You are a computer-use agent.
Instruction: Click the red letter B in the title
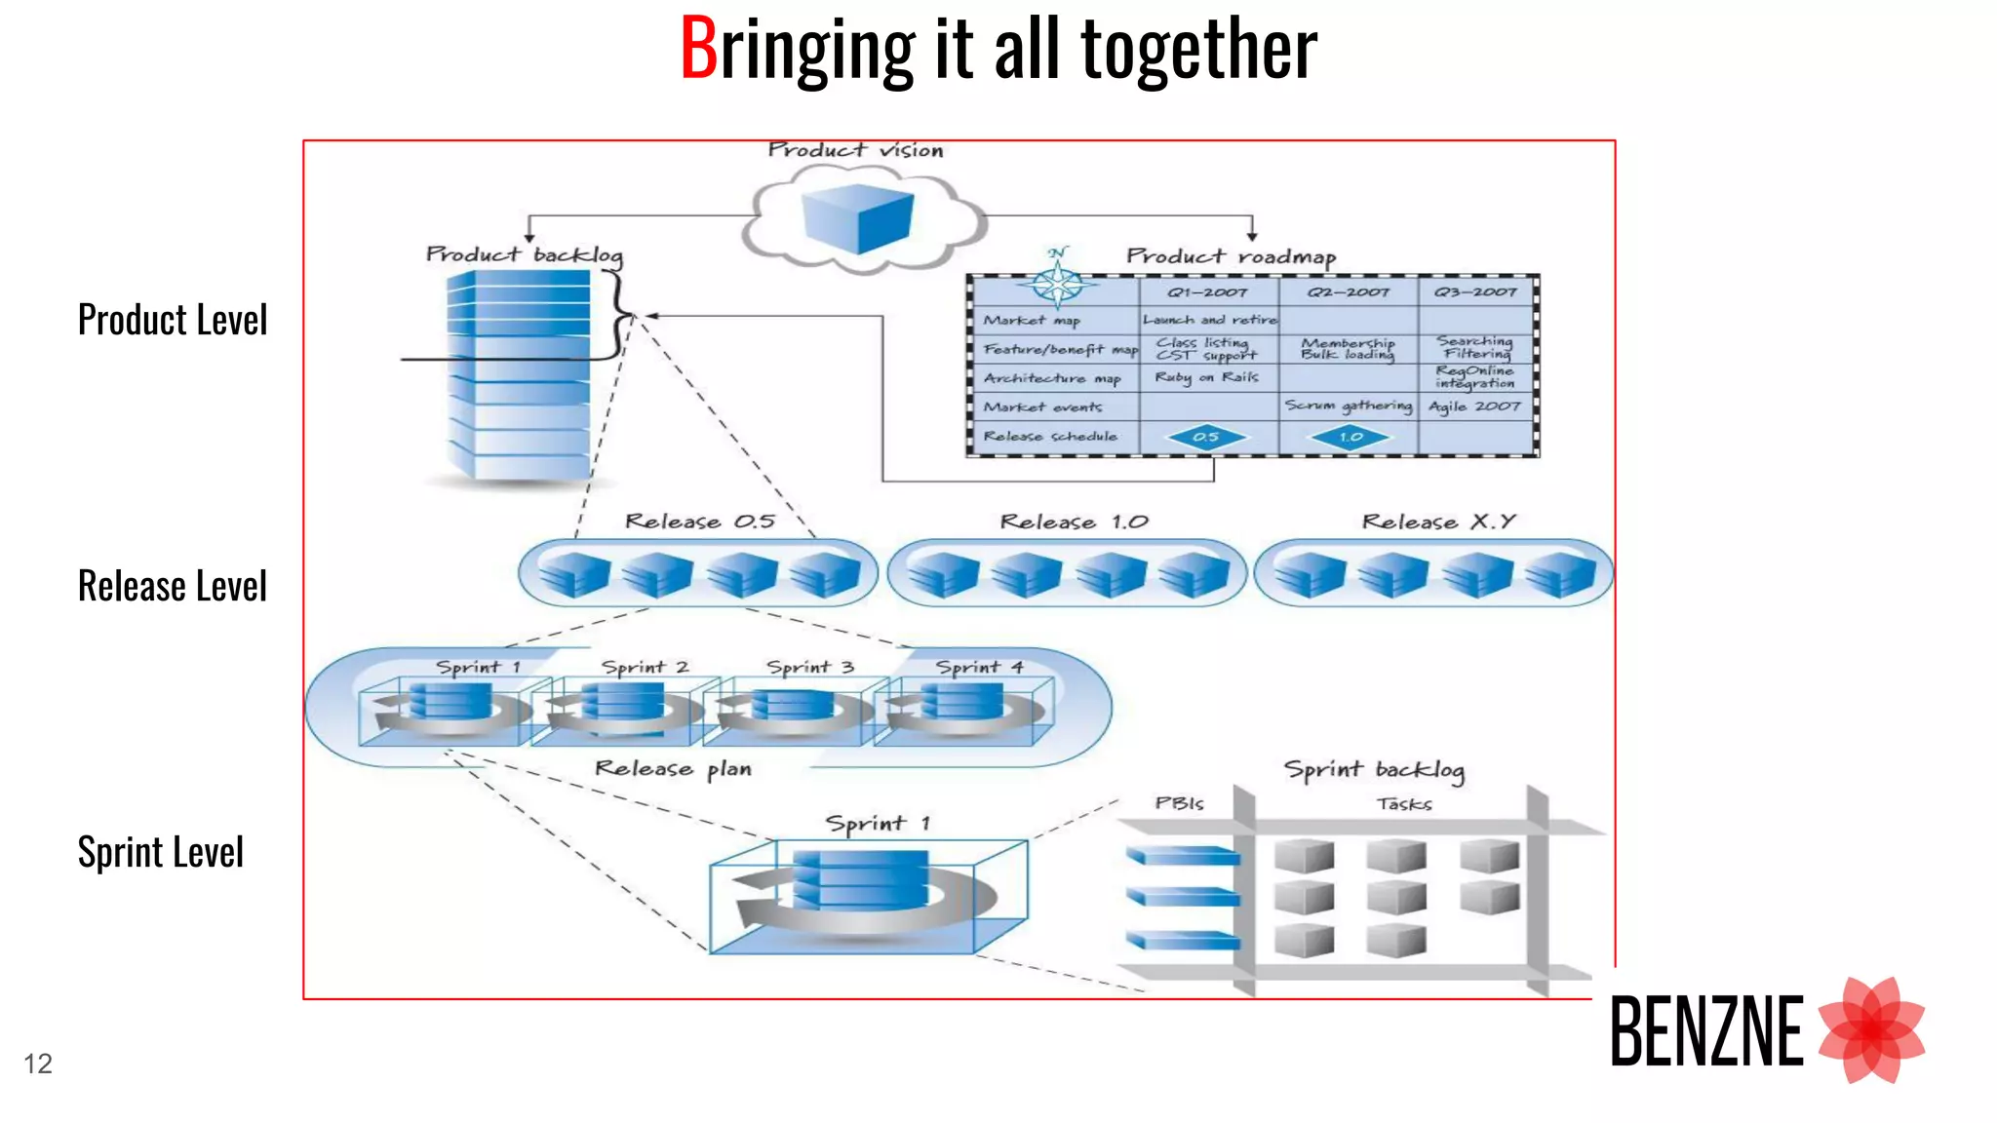click(x=698, y=49)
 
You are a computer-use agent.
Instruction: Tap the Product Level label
click(x=172, y=320)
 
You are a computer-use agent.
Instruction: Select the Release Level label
click(x=172, y=586)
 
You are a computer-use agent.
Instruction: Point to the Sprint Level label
click(x=160, y=852)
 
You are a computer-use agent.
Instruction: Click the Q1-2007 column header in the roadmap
click(x=1207, y=291)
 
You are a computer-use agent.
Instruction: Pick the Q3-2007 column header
click(x=1475, y=291)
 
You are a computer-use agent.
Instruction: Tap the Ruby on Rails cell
click(x=1206, y=377)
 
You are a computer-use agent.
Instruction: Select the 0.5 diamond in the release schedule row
click(x=1206, y=437)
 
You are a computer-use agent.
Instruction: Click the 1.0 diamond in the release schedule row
click(x=1351, y=437)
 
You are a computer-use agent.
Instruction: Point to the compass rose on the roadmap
click(x=1057, y=283)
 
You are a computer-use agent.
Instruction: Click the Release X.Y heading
click(x=1438, y=522)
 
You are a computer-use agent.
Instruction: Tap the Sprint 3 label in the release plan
click(x=809, y=667)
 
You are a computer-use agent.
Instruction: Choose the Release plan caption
click(x=673, y=769)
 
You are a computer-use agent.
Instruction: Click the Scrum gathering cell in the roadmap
click(x=1348, y=406)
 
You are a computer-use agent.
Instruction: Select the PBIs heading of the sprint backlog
click(x=1179, y=803)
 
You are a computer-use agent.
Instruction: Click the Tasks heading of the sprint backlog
click(x=1404, y=804)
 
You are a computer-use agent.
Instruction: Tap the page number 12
click(x=38, y=1064)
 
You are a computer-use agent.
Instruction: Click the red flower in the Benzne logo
click(x=1871, y=1029)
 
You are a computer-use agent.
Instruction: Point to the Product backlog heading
click(x=524, y=255)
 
